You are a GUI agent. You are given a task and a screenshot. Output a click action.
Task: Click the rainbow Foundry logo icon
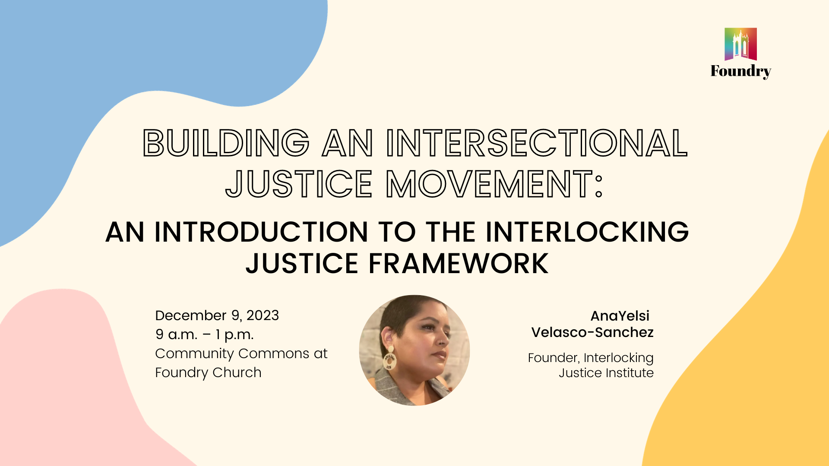pos(740,44)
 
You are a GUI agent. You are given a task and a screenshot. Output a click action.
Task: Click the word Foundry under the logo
pos(740,71)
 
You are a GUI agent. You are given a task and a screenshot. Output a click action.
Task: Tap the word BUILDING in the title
pos(226,143)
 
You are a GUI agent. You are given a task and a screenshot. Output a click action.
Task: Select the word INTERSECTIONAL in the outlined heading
pos(537,143)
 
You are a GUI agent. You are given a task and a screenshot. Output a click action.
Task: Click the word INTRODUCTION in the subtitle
pos(261,232)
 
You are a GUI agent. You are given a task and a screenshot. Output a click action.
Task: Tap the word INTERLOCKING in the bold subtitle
pos(587,232)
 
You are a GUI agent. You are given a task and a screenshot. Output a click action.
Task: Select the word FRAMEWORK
pos(459,264)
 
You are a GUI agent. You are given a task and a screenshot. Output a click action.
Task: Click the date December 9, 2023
pos(217,315)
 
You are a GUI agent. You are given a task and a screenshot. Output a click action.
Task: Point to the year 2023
pos(263,315)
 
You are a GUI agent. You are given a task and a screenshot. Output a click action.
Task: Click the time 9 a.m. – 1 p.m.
pos(205,334)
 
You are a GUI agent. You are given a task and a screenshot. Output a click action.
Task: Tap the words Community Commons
pos(232,353)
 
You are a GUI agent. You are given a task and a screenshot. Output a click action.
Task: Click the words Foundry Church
pos(208,372)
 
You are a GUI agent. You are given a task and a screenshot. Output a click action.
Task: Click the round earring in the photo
pos(389,361)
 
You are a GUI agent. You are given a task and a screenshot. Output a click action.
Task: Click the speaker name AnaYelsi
pos(620,316)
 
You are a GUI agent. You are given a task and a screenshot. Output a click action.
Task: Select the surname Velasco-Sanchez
pos(592,332)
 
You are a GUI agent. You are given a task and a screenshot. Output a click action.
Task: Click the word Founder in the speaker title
pos(553,358)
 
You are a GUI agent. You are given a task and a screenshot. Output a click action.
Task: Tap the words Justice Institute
pos(606,373)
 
